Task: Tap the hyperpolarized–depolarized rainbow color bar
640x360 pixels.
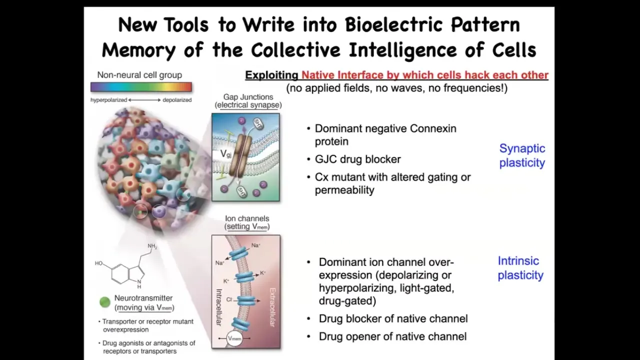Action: pyautogui.click(x=141, y=87)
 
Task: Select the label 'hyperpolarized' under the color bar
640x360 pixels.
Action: pyautogui.click(x=108, y=100)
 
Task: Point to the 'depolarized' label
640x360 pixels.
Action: pyautogui.click(x=177, y=100)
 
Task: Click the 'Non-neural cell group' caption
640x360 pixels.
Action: pyautogui.click(x=139, y=75)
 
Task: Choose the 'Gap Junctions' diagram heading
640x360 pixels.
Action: pyautogui.click(x=248, y=97)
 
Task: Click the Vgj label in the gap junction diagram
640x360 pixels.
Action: pyautogui.click(x=225, y=154)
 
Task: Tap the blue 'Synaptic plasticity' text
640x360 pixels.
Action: pyautogui.click(x=522, y=155)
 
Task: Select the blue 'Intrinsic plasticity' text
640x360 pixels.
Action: pyautogui.click(x=520, y=268)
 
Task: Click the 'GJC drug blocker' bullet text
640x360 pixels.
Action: pyautogui.click(x=357, y=159)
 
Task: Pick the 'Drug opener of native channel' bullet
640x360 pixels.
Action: pyautogui.click(x=392, y=336)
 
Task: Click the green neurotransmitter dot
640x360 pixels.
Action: pyautogui.click(x=105, y=302)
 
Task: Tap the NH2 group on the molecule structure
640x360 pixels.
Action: pyautogui.click(x=152, y=246)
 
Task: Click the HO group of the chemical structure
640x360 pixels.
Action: pyautogui.click(x=98, y=263)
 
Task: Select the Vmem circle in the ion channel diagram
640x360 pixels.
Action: pyautogui.click(x=234, y=338)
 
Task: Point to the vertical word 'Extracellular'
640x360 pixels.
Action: pyautogui.click(x=272, y=307)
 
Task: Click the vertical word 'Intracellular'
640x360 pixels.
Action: pyautogui.click(x=219, y=307)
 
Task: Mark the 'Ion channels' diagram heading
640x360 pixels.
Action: pyautogui.click(x=247, y=218)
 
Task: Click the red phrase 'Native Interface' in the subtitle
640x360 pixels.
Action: pyautogui.click(x=342, y=75)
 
